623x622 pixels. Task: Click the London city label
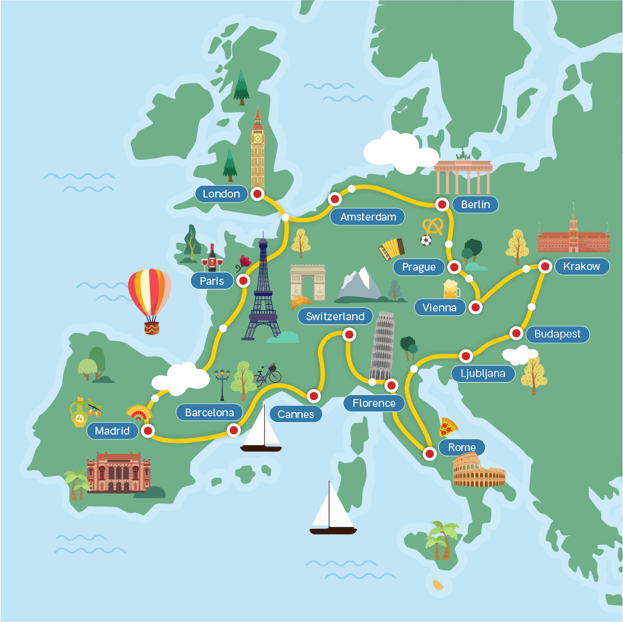pyautogui.click(x=221, y=194)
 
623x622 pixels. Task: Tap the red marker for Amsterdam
pyautogui.click(x=335, y=199)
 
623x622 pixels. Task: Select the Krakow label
pyautogui.click(x=581, y=266)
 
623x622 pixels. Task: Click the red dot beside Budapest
pyautogui.click(x=516, y=334)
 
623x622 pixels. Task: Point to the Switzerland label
pyautogui.click(x=335, y=317)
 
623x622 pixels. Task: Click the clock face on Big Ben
pyautogui.click(x=257, y=139)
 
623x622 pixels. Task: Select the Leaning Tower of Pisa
pyautogui.click(x=381, y=345)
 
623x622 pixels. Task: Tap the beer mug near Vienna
pyautogui.click(x=451, y=289)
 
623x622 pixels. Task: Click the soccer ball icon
pyautogui.click(x=425, y=241)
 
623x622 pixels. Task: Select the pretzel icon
pyautogui.click(x=433, y=226)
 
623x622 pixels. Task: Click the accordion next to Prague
pyautogui.click(x=391, y=249)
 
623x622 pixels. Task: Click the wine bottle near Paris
pyautogui.click(x=212, y=258)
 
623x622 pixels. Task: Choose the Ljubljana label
pyautogui.click(x=483, y=373)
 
